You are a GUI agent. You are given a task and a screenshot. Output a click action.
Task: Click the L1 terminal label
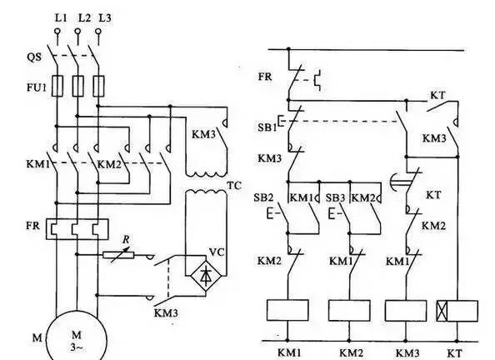coord(61,18)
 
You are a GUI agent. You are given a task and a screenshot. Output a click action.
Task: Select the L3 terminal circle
coord(98,32)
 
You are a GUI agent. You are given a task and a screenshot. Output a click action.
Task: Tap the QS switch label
coord(34,57)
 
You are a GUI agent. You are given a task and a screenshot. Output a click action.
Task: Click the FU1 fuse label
coord(37,87)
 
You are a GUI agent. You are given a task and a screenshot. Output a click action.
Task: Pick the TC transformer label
coord(234,186)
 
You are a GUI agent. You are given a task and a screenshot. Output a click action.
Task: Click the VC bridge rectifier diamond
coord(206,276)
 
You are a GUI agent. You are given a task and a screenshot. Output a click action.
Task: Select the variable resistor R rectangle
coord(118,255)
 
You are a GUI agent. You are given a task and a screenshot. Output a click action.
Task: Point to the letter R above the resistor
coord(126,240)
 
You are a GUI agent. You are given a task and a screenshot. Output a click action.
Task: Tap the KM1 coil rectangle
coord(287,310)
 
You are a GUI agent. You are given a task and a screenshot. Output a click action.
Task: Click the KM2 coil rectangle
coord(349,311)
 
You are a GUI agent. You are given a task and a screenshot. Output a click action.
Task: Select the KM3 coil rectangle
coord(406,311)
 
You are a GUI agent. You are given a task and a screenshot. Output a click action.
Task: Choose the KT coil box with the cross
coord(457,311)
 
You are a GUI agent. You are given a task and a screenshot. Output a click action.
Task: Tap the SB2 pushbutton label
coord(263,197)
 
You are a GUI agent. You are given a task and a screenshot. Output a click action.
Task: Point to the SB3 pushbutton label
coord(335,198)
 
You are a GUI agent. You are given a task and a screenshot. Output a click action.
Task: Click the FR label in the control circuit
coord(265,77)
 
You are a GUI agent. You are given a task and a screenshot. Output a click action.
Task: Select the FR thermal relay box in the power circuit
coord(77,229)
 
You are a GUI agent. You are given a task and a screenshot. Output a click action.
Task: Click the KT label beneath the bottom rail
coord(455,353)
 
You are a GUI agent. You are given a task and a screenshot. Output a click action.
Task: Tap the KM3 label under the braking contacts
coord(166,313)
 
